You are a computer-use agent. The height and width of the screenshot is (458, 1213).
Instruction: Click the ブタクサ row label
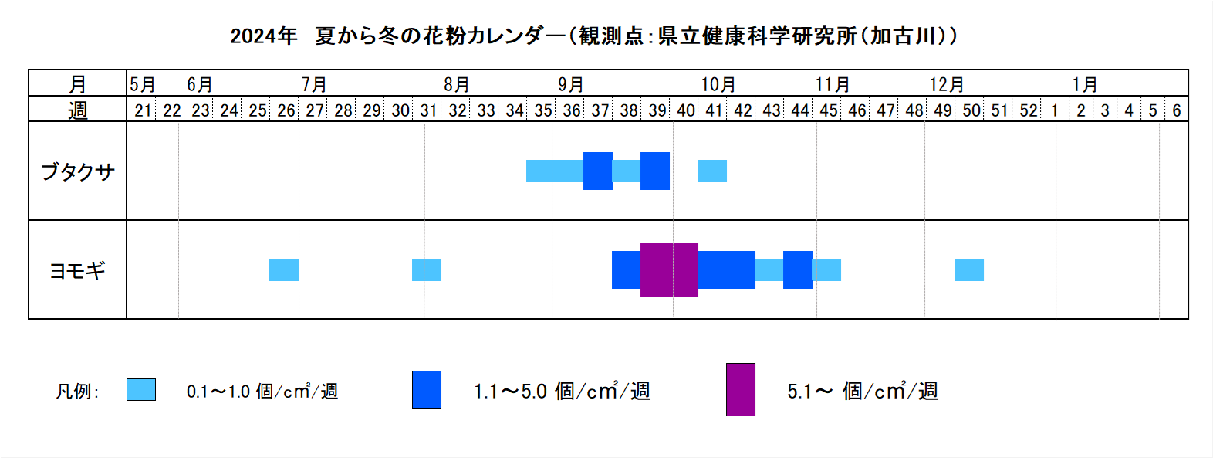point(77,171)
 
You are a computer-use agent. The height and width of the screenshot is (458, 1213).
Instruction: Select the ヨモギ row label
point(77,270)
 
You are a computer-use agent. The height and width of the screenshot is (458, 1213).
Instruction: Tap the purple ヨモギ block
point(669,270)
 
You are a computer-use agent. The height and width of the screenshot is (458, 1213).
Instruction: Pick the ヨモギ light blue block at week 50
point(969,270)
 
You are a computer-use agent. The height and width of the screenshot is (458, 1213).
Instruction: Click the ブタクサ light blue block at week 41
point(712,171)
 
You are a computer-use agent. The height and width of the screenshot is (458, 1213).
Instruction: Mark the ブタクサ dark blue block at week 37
point(598,171)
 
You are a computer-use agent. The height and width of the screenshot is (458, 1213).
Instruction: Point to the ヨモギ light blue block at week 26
point(284,270)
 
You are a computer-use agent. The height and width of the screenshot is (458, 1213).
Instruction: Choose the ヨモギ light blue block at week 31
point(427,270)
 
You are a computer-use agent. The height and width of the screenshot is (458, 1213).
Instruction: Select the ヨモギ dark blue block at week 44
point(798,270)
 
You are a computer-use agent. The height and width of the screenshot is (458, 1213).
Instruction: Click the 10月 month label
point(718,84)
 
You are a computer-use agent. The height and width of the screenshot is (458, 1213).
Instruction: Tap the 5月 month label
point(143,84)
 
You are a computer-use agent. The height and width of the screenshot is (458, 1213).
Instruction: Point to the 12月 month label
point(947,84)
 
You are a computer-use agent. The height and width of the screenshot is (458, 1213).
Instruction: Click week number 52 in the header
point(1029,110)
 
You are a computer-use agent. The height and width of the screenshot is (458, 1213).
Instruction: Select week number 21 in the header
point(143,110)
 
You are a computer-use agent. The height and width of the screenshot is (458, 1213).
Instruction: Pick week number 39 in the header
point(657,110)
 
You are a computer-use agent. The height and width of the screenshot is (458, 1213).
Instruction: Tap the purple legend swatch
point(741,389)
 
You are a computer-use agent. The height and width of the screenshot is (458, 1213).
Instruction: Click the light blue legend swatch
point(141,389)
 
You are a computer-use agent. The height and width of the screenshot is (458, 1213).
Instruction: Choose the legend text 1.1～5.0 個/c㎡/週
point(563,391)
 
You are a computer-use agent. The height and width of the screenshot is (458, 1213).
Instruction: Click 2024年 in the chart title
point(264,36)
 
